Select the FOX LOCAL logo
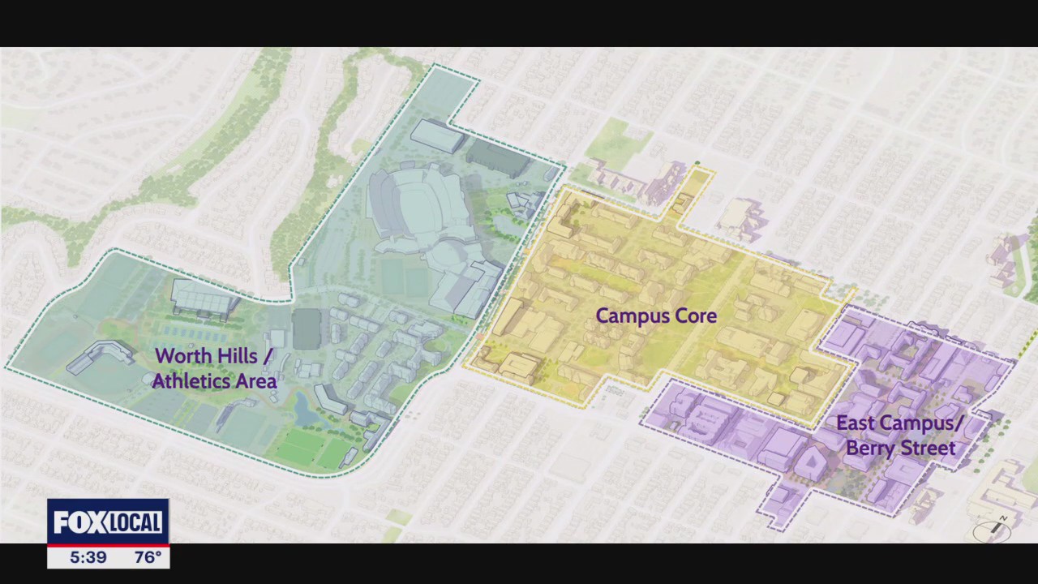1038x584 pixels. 108,522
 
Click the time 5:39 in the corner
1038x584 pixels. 88,557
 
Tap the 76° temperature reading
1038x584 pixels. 147,557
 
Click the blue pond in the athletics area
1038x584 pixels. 307,410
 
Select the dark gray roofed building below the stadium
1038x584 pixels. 307,328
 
